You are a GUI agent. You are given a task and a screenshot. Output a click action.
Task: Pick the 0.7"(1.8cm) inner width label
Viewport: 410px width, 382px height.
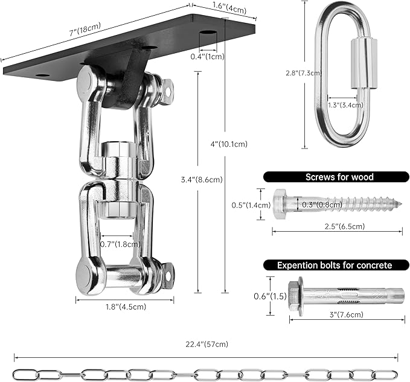point(120,244)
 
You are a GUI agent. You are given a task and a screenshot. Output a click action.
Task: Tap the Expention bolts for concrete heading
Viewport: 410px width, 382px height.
point(334,265)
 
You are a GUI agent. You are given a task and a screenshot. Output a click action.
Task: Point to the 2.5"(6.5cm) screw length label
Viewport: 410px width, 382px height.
point(327,226)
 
